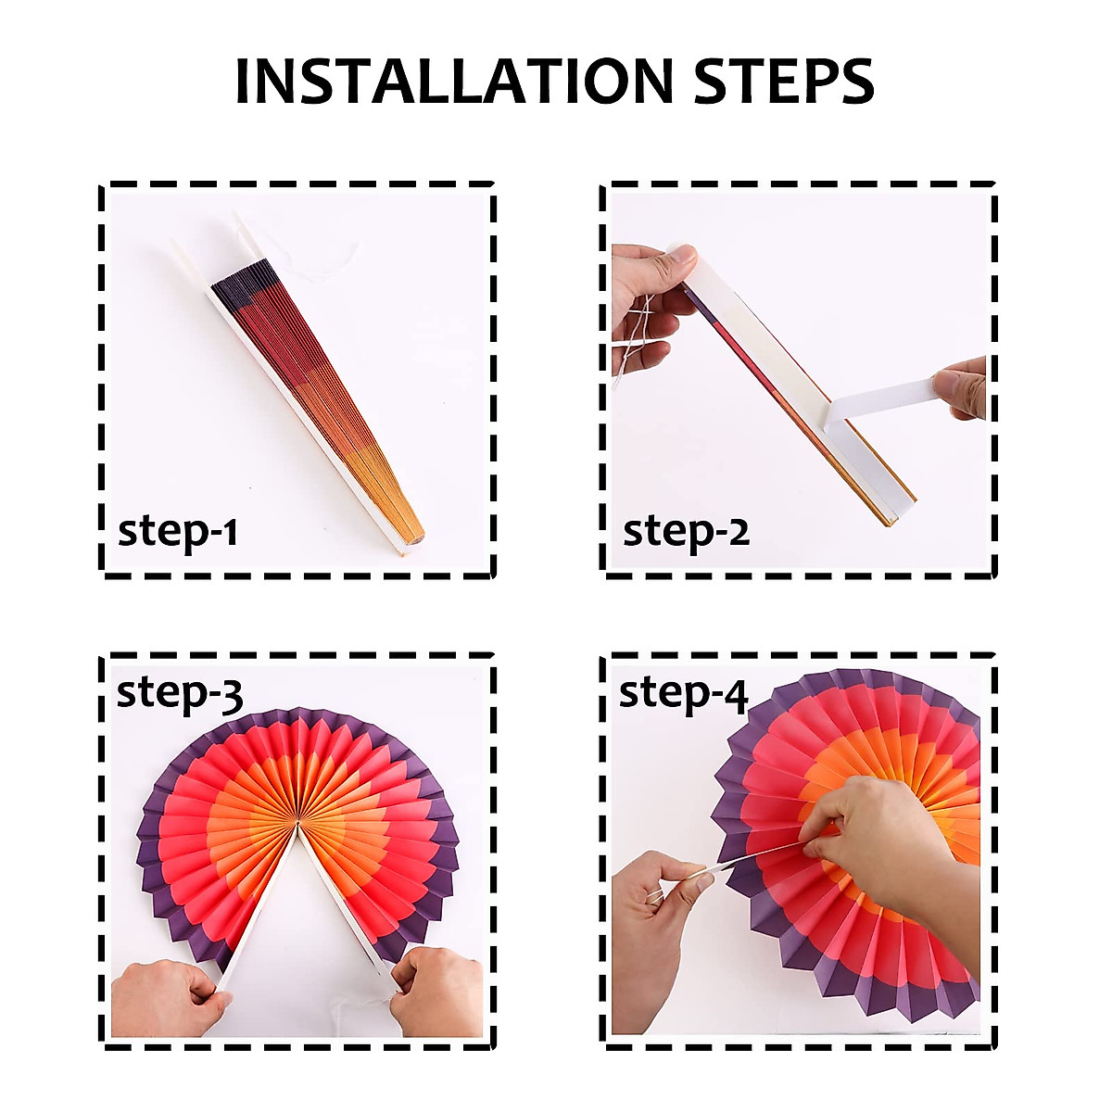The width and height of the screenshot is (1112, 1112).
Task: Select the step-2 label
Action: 686,532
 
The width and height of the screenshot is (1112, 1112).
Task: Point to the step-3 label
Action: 180,692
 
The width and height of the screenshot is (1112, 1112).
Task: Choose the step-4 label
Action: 683,692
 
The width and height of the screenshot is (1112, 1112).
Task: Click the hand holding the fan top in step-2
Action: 649,287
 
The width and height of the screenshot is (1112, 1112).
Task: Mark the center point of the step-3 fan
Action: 297,825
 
